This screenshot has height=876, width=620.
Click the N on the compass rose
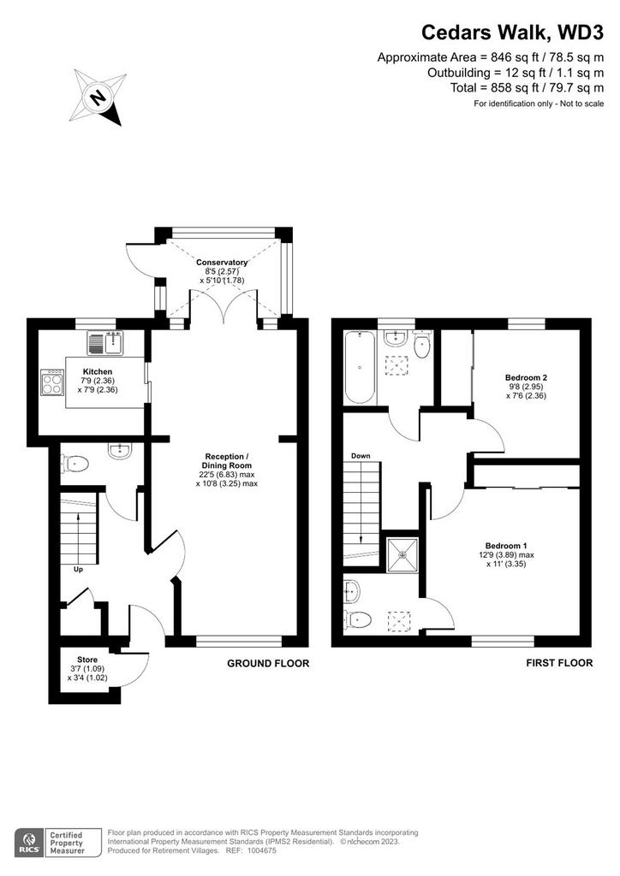[x=98, y=98]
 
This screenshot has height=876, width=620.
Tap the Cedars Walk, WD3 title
[x=512, y=33]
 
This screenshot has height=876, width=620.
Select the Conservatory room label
[x=222, y=262]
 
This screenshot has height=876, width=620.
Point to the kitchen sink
[x=105, y=342]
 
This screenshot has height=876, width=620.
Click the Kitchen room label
[x=98, y=371]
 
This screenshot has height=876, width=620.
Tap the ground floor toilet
[x=76, y=463]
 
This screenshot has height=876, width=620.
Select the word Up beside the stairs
[x=79, y=569]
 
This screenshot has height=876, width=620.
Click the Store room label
[x=87, y=660]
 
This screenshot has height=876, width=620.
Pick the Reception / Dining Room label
[x=227, y=461]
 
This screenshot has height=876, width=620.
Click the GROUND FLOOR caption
[x=268, y=663]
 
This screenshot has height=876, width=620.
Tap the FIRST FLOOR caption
[x=559, y=663]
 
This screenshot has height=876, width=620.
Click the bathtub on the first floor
[x=360, y=366]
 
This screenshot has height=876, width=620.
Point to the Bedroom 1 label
[x=506, y=546]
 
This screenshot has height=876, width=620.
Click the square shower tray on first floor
[x=402, y=554]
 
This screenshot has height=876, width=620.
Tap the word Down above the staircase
[x=361, y=456]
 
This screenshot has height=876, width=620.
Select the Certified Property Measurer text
[x=67, y=843]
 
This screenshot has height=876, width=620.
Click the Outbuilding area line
[x=516, y=73]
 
